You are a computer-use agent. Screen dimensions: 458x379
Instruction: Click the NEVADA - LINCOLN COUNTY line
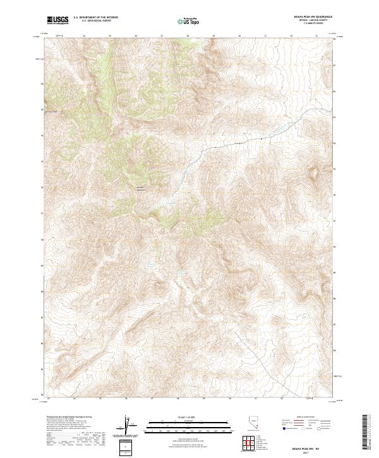[308, 21]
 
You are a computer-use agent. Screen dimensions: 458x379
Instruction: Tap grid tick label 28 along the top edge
[188, 35]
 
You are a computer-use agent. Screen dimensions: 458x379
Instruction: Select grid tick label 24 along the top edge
[85, 35]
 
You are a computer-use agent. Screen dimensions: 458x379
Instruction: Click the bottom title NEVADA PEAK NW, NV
[308, 447]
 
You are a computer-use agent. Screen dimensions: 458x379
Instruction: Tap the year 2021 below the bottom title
[308, 451]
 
